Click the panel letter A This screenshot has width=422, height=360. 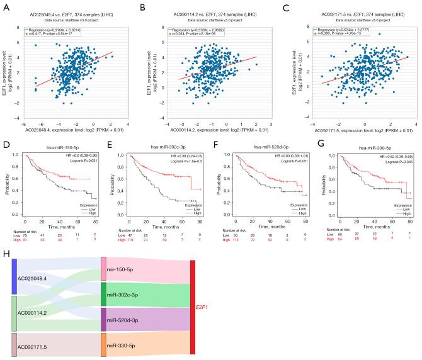tap(6, 6)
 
